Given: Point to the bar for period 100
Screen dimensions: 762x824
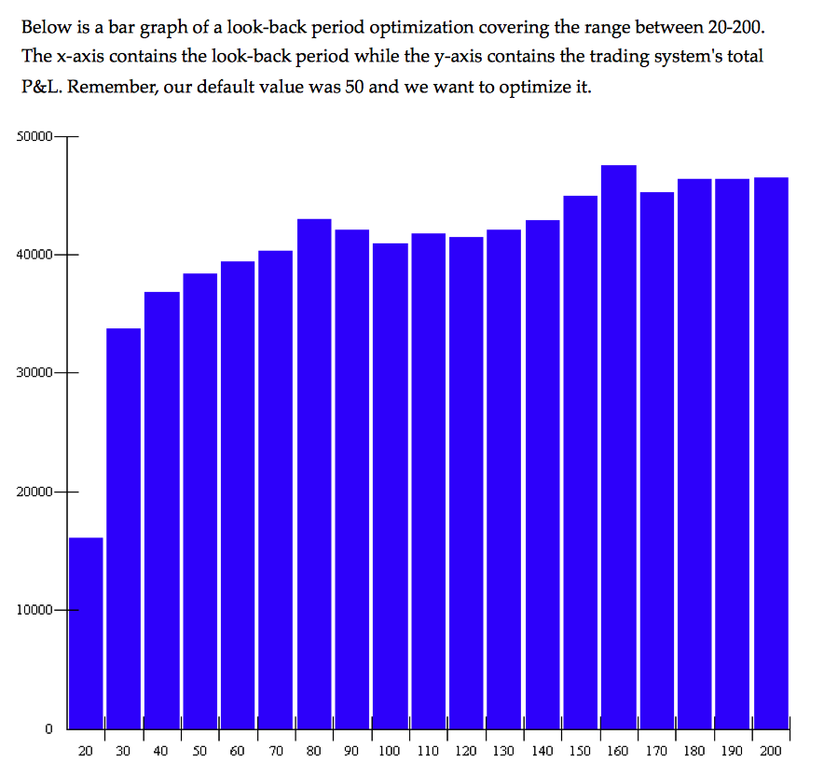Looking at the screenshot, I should [391, 485].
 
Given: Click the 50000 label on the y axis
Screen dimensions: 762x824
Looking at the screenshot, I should [34, 137].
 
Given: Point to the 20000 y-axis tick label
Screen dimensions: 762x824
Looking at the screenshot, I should [34, 492].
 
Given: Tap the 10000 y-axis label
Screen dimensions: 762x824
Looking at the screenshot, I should [34, 610].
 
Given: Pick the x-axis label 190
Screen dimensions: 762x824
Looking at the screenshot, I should [733, 751].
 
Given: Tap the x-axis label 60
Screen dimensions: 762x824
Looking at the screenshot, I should [238, 751].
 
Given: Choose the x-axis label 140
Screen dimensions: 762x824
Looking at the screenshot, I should [542, 751].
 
